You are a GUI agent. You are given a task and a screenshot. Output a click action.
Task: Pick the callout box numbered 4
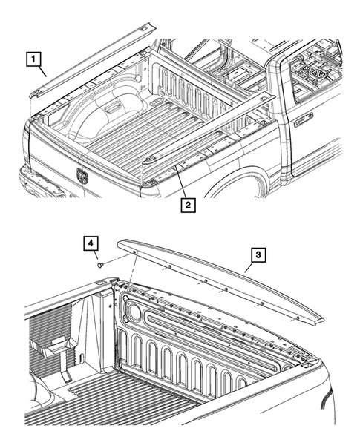tap(89, 243)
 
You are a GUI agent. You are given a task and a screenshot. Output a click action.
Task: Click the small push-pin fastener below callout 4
tap(101, 263)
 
